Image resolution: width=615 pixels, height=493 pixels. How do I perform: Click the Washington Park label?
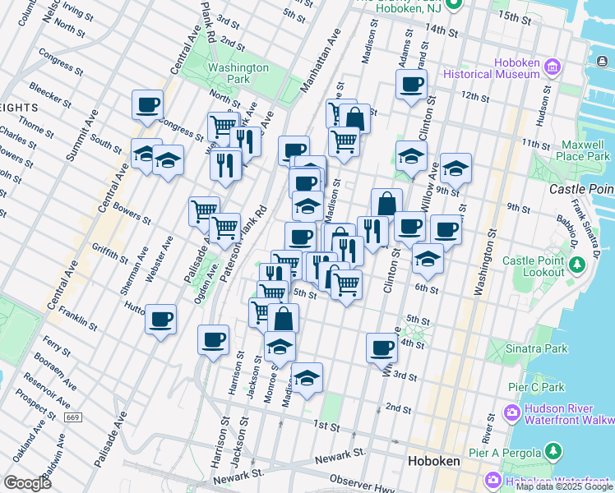click(x=238, y=73)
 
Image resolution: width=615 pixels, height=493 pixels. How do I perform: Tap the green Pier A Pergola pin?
click(x=554, y=452)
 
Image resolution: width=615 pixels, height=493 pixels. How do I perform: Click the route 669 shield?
click(x=73, y=417)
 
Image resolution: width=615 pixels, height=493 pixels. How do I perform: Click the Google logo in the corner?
click(x=27, y=482)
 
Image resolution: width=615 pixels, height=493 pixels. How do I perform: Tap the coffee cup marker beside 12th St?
click(x=411, y=83)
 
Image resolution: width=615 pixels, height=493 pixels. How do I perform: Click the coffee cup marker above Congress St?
click(x=147, y=104)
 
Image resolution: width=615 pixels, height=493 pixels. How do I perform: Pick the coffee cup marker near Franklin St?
click(x=161, y=317)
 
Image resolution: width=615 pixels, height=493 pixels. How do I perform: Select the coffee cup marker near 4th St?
click(x=381, y=347)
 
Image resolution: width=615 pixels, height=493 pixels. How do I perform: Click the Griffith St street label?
click(x=110, y=248)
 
